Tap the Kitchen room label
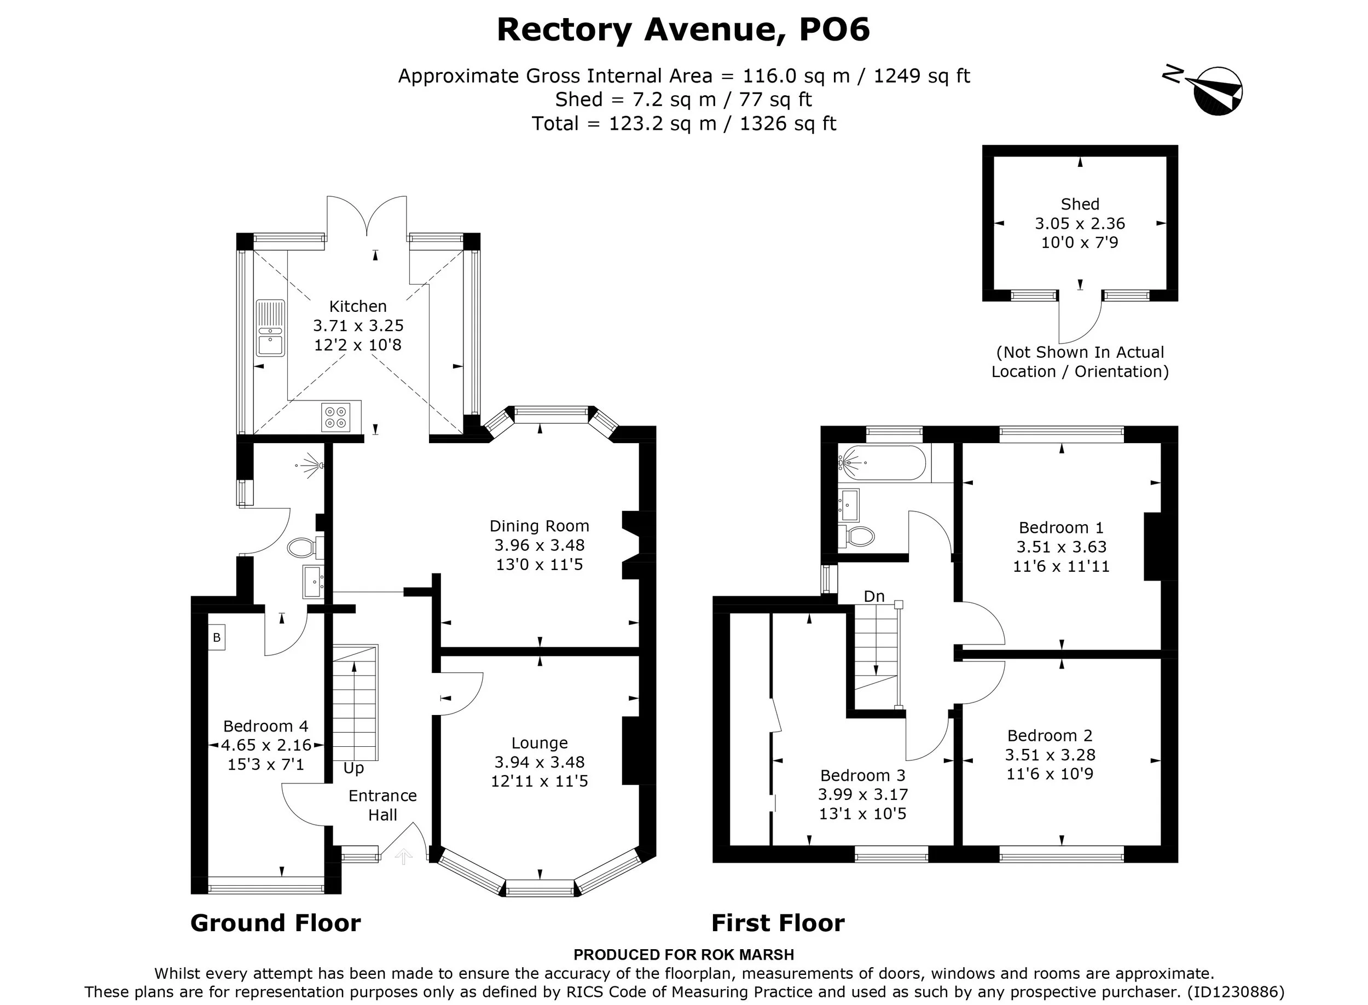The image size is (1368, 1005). [x=358, y=306]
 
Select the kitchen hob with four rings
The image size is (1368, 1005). [x=335, y=416]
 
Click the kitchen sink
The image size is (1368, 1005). [x=270, y=328]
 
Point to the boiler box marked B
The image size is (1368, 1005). [x=216, y=638]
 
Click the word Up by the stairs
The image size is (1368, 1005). [x=353, y=768]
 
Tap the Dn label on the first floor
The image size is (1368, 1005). [x=874, y=596]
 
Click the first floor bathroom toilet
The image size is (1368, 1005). [x=857, y=536]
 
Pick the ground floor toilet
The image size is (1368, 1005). [x=303, y=548]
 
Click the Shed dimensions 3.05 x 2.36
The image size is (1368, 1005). [x=1080, y=223]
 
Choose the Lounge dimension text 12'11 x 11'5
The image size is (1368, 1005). [x=539, y=781]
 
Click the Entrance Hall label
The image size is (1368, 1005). [x=382, y=805]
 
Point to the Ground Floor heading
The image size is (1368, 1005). [x=276, y=923]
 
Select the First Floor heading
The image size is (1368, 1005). [x=778, y=923]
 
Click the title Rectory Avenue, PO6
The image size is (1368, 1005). [x=683, y=30]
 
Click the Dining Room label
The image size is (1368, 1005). [x=539, y=526]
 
